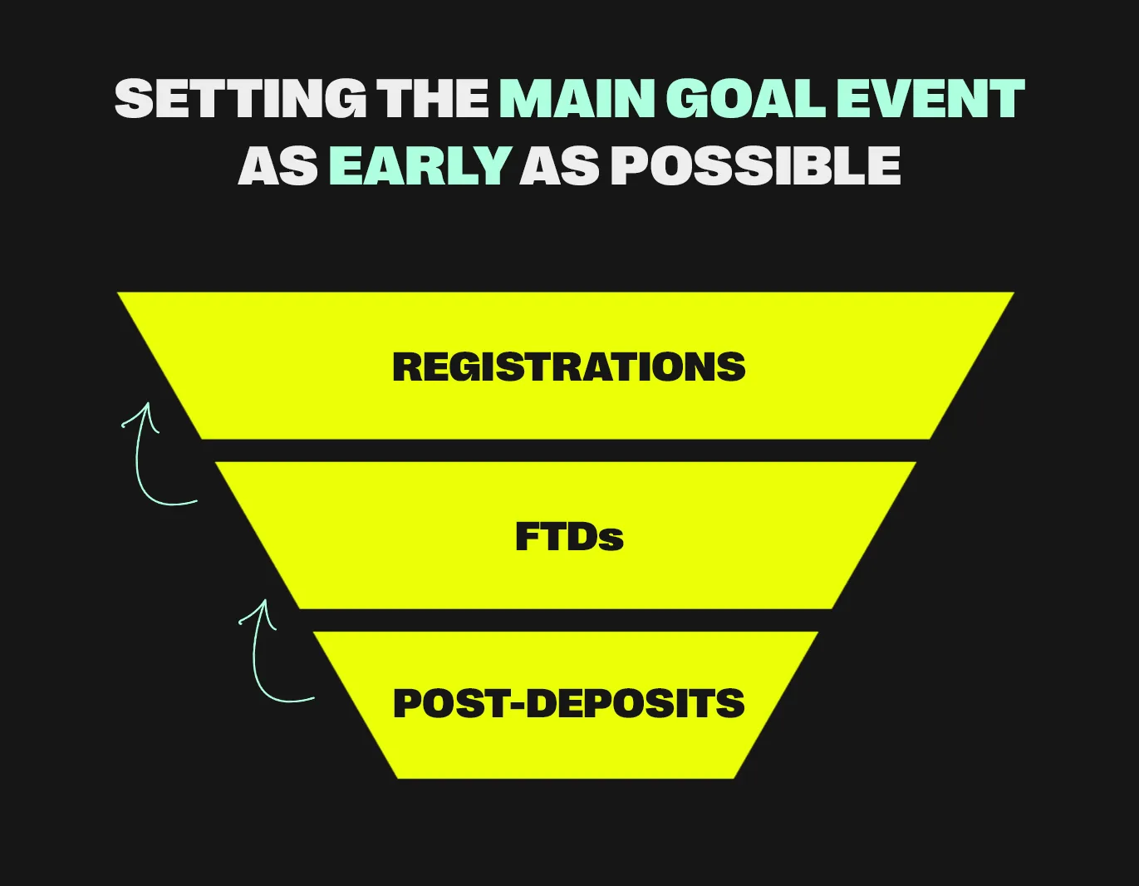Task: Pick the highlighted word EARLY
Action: pyautogui.click(x=419, y=165)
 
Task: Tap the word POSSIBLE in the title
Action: pyautogui.click(x=755, y=165)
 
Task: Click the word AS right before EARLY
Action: pyautogui.click(x=277, y=165)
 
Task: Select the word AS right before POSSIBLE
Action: pyautogui.click(x=559, y=165)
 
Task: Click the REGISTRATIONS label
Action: pyautogui.click(x=569, y=367)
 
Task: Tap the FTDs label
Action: pyautogui.click(x=569, y=537)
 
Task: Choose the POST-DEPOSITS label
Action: pyautogui.click(x=569, y=704)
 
